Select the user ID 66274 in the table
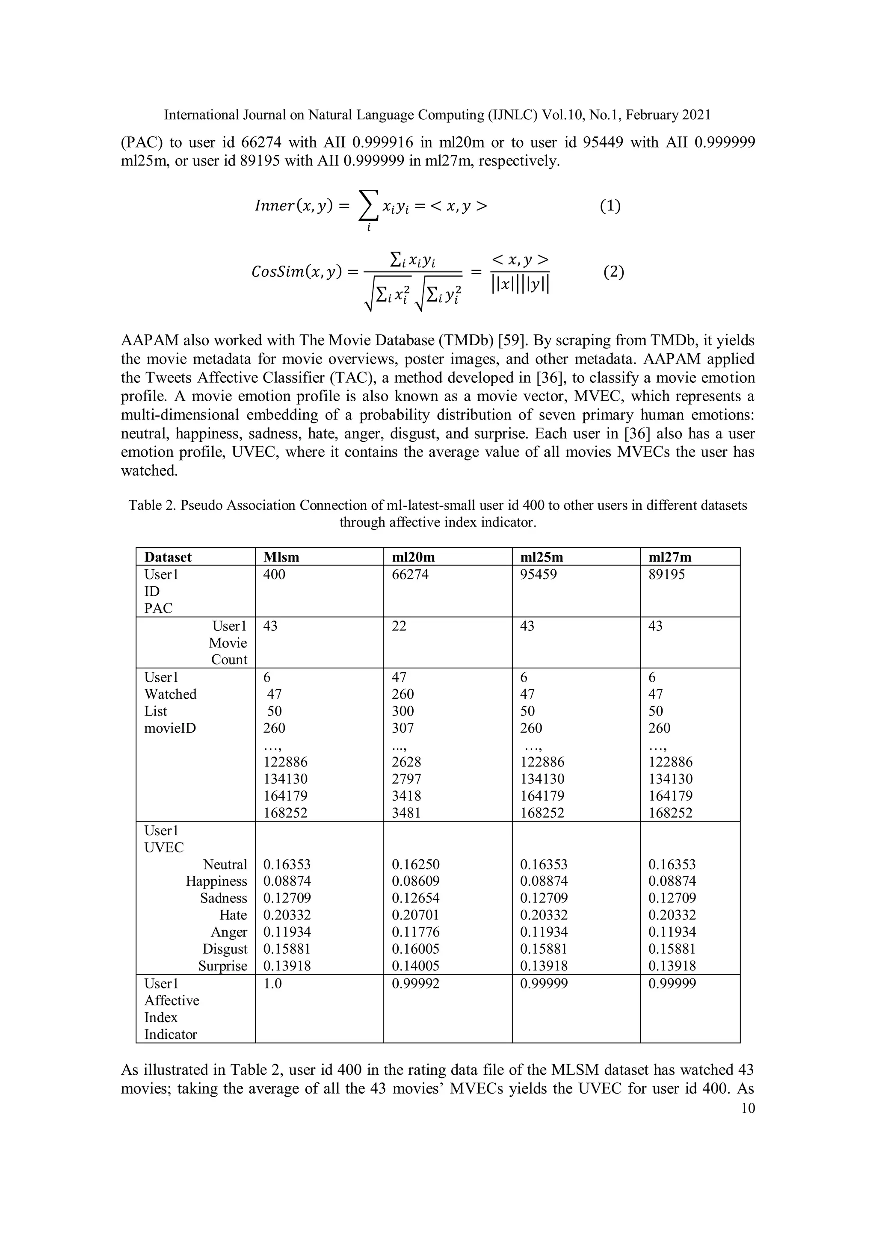pyautogui.click(x=410, y=574)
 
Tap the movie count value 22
pyautogui.click(x=399, y=626)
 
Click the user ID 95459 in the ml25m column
pyautogui.click(x=538, y=574)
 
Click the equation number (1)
pyautogui.click(x=610, y=206)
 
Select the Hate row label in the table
pyautogui.click(x=233, y=915)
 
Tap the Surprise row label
pyautogui.click(x=222, y=966)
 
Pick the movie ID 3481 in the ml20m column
pyautogui.click(x=406, y=813)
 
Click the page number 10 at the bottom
pyautogui.click(x=748, y=1109)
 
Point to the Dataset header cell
pyautogui.click(x=168, y=557)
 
